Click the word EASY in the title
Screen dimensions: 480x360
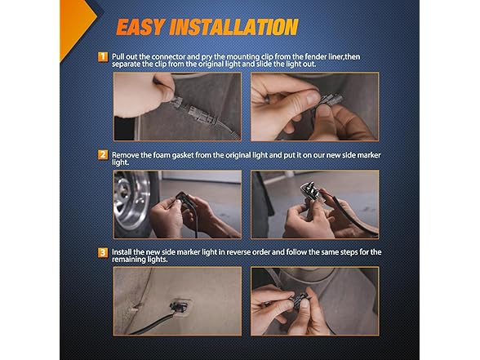click(141, 27)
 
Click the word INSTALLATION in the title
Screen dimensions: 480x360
click(233, 27)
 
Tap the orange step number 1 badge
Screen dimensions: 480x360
click(103, 57)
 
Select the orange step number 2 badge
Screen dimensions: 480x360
click(103, 155)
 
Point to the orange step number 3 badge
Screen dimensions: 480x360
click(103, 253)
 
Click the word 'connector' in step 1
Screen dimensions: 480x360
click(168, 57)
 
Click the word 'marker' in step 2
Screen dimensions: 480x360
click(370, 155)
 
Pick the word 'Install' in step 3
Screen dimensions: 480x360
click(122, 252)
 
